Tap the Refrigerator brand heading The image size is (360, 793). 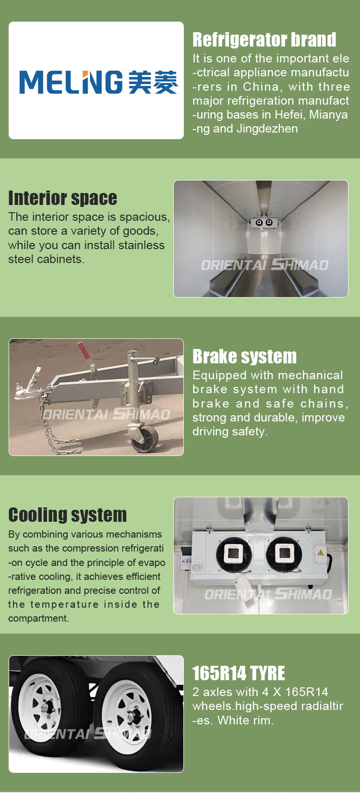tap(264, 40)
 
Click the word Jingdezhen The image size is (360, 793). tap(267, 129)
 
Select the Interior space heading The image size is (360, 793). tap(63, 198)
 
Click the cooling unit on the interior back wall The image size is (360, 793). tap(264, 222)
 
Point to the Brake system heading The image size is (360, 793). tap(245, 357)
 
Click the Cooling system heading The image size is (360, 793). tap(68, 515)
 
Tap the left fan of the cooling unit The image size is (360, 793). tap(234, 554)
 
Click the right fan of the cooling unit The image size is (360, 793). tap(284, 554)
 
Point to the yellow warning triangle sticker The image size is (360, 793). tap(321, 552)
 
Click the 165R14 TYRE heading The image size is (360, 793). tap(239, 673)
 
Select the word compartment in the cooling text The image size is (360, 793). tap(38, 618)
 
